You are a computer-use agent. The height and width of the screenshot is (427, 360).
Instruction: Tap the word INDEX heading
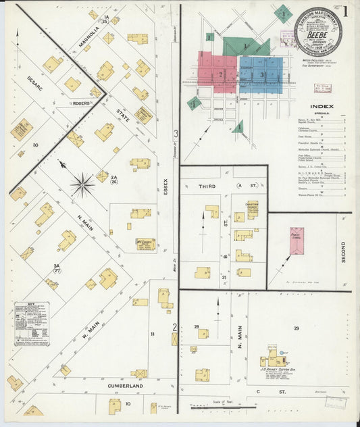pyautogui.click(x=321, y=107)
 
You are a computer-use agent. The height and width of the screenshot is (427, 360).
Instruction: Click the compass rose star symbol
pyautogui.click(x=82, y=183)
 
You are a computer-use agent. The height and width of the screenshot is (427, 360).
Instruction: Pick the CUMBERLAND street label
pyautogui.click(x=125, y=386)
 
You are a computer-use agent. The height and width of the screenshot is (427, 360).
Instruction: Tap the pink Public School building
pyautogui.click(x=297, y=241)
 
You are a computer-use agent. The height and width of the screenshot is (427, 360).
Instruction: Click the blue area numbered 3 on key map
pyautogui.click(x=261, y=74)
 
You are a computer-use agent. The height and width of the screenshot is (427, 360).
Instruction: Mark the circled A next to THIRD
pyautogui.click(x=238, y=184)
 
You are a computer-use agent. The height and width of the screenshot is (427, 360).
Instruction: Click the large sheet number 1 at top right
pyautogui.click(x=345, y=11)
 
